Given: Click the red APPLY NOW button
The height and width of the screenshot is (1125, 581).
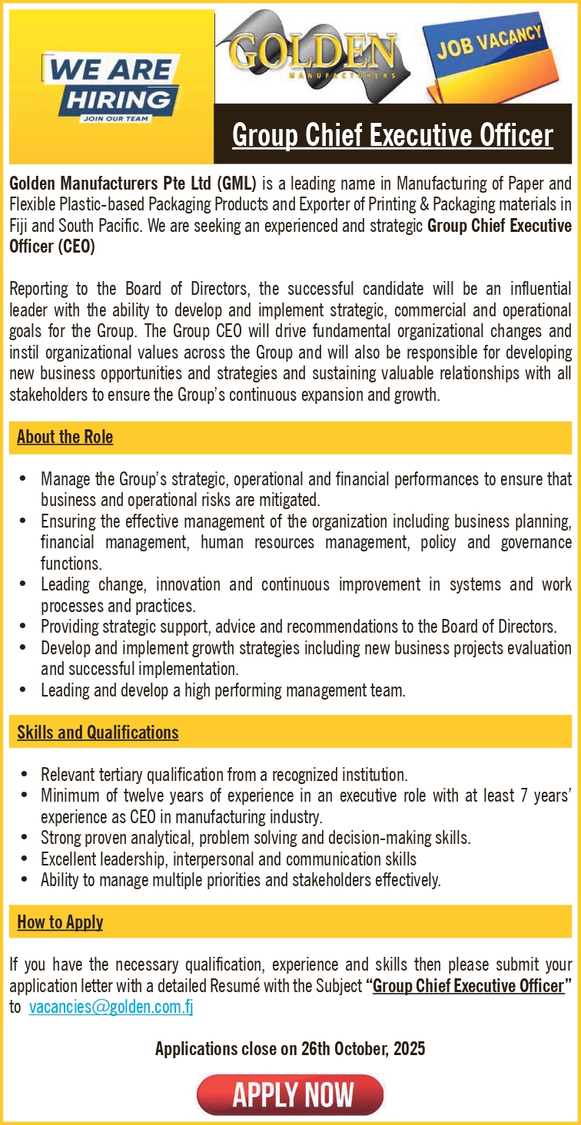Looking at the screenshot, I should pyautogui.click(x=290, y=1094).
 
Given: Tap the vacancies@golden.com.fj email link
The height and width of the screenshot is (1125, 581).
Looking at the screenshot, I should pyautogui.click(x=111, y=1008).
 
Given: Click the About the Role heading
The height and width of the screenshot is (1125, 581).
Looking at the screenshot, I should pyautogui.click(x=65, y=437).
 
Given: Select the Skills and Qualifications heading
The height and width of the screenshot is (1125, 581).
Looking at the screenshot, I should pyautogui.click(x=98, y=732).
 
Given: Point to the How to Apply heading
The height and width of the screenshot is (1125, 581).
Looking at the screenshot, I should pyautogui.click(x=60, y=922).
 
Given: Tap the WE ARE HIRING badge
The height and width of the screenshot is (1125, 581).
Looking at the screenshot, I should pyautogui.click(x=111, y=86).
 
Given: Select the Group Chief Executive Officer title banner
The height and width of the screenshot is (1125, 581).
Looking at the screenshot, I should pyautogui.click(x=392, y=135).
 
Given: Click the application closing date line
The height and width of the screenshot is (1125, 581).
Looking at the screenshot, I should pyautogui.click(x=290, y=1048).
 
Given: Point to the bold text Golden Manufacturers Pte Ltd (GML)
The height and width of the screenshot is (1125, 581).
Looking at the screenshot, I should pyautogui.click(x=132, y=184).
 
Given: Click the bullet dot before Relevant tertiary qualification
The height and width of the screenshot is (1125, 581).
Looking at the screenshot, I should pyautogui.click(x=25, y=774).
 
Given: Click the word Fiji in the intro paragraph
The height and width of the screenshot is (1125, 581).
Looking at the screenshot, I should pyautogui.click(x=20, y=227).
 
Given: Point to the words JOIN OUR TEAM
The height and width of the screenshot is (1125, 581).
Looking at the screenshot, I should pyautogui.click(x=114, y=119).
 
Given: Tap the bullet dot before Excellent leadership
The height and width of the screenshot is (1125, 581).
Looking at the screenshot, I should pyautogui.click(x=25, y=859).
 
